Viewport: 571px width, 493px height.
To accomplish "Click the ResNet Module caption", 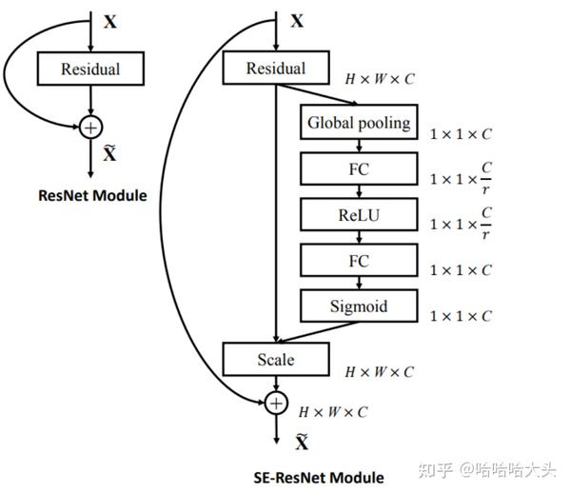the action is pos(92,195).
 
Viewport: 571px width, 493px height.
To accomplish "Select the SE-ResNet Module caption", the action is pos(319,478).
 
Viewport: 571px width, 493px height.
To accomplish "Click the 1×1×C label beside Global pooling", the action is pos(461,134).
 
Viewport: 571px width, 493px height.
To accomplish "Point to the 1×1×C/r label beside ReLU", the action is pos(461,224).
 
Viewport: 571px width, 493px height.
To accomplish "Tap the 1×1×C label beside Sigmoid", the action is pos(461,316).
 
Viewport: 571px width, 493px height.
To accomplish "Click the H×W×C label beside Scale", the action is pos(380,372).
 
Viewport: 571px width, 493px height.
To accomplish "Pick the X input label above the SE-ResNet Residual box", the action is pos(297,21).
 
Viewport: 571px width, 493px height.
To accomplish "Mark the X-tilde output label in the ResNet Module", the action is pos(109,153).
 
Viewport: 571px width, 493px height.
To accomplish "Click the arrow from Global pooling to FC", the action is pos(359,146).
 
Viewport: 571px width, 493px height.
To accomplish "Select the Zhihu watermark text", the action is pos(487,470).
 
